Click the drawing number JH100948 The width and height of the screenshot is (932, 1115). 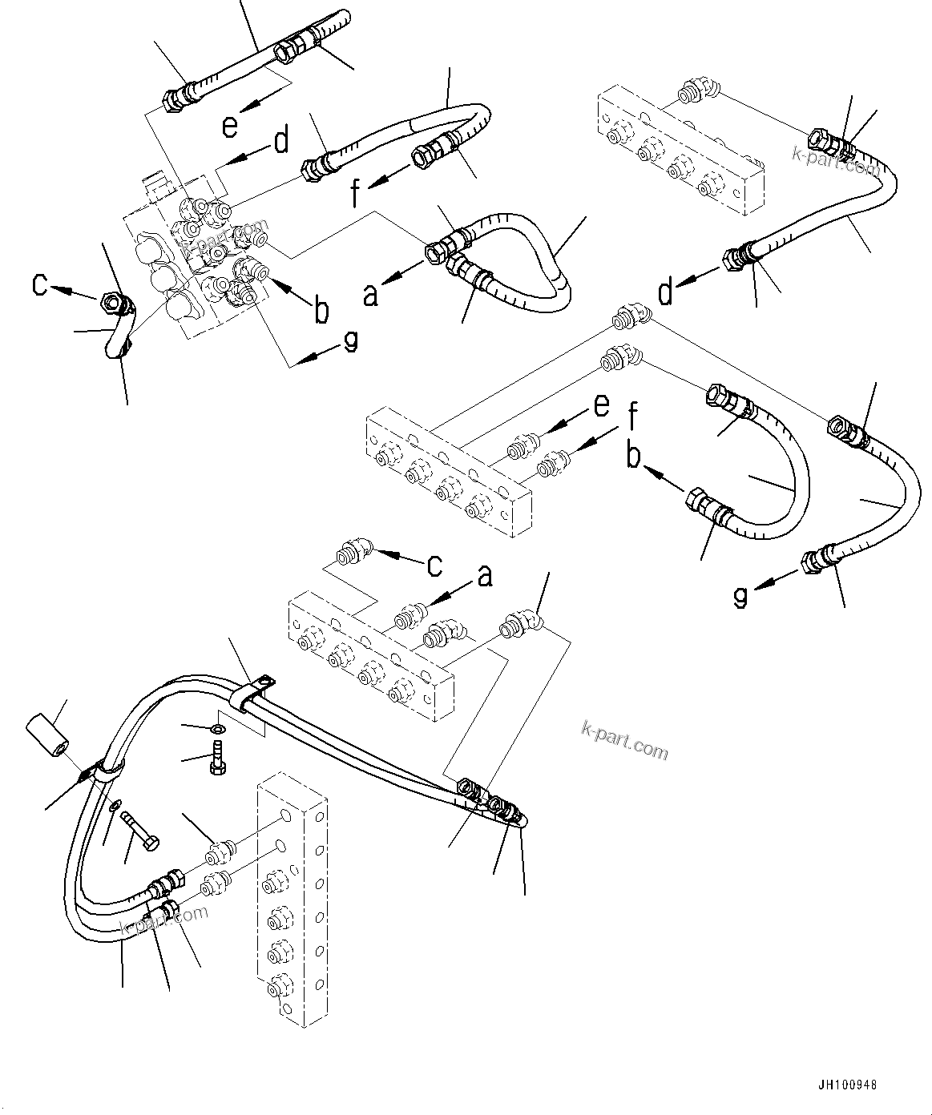coord(847,1085)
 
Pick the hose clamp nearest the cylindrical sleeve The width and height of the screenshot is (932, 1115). coord(107,770)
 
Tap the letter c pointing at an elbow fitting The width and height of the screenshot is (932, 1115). coord(433,565)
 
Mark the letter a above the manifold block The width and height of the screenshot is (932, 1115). coord(484,575)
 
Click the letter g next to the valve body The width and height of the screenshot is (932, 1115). coord(349,341)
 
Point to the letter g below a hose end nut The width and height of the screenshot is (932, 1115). coord(741,596)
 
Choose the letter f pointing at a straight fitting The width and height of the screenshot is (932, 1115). coord(633,418)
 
